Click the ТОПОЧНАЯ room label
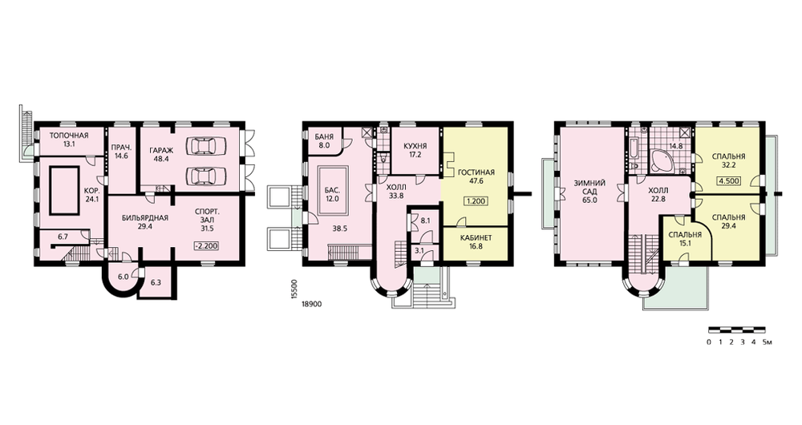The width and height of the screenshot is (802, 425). [68, 136]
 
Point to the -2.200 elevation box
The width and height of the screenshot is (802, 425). [207, 246]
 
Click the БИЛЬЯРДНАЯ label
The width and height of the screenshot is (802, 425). [145, 217]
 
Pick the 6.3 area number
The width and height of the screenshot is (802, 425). [156, 281]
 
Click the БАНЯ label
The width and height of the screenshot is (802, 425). [324, 137]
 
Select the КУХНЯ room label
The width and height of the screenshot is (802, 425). [415, 146]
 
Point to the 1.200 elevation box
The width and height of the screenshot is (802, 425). [475, 201]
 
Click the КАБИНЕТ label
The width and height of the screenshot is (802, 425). [476, 238]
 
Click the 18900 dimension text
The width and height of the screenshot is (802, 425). [311, 304]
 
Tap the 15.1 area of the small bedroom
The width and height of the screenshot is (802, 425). [685, 244]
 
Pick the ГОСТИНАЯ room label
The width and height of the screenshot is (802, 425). [476, 172]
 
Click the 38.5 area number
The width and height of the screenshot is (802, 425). [339, 229]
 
